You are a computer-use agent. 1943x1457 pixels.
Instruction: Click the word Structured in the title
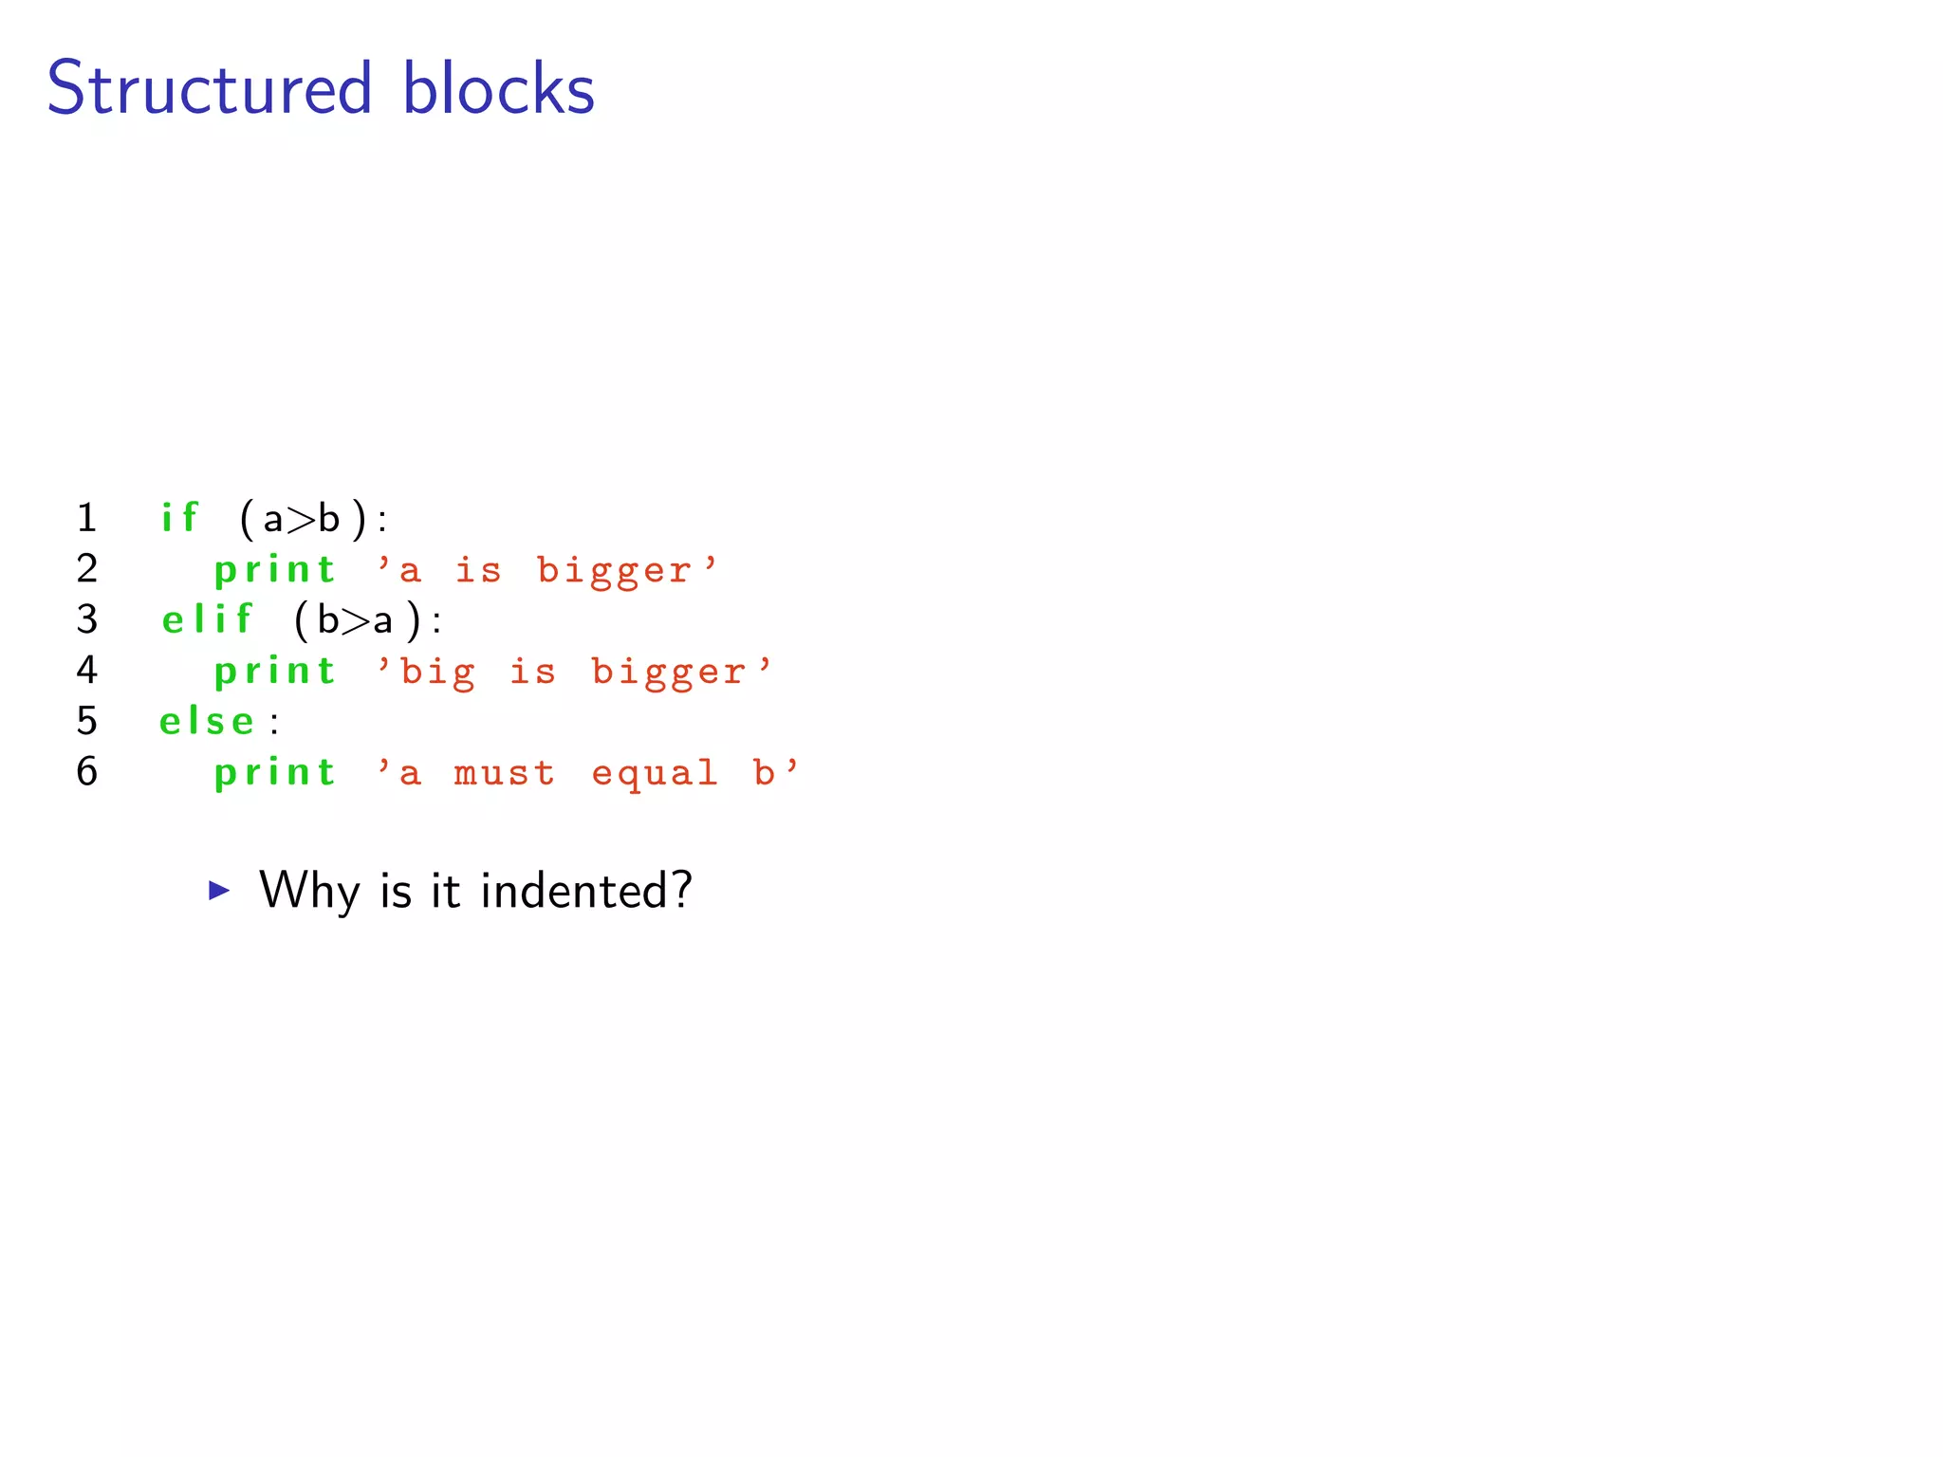coord(209,88)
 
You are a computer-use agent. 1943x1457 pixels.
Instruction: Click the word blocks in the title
coord(498,88)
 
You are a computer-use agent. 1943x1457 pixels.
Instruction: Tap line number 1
coord(87,518)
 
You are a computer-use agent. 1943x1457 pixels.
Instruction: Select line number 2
coord(87,568)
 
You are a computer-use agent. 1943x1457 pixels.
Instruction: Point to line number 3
coord(87,619)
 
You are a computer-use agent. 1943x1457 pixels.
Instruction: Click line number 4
coord(87,670)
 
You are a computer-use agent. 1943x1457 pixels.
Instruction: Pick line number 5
coord(87,721)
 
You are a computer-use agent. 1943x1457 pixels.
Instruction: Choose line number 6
coord(87,771)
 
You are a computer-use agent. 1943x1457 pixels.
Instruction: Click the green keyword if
coord(179,518)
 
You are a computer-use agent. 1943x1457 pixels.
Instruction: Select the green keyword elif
coord(207,619)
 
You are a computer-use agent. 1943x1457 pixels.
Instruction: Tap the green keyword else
coord(207,722)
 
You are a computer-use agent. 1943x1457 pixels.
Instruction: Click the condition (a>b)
coord(303,519)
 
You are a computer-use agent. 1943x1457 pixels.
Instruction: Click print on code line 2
coord(275,570)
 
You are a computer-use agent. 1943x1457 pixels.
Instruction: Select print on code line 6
coord(275,773)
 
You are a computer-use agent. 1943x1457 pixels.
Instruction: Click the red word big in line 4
coord(437,673)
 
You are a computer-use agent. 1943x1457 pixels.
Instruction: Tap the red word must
coord(504,773)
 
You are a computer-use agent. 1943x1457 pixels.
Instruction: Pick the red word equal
coord(655,774)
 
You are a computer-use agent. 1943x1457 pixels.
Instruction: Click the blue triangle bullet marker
coord(219,890)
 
